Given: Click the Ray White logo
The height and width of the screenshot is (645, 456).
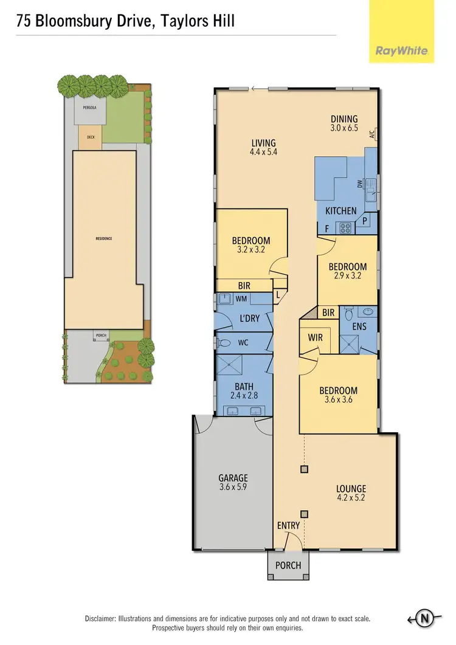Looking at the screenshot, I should point(401,51).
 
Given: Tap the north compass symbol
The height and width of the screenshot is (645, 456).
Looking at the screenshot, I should point(425,619).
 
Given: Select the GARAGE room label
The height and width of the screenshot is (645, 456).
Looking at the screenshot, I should point(233,478).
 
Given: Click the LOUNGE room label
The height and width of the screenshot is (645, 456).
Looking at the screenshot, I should point(351,488).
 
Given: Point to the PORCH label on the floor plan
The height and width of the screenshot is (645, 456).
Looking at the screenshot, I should point(288,565).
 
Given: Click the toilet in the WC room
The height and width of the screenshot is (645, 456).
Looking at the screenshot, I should point(224,343).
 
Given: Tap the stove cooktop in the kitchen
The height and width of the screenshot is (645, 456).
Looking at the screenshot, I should point(346,229).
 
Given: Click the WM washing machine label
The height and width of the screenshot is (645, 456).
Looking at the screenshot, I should point(242,298).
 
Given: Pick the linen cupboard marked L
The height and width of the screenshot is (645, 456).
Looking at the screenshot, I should point(278,295).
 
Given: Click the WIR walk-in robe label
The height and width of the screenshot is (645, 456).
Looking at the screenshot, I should point(315,337).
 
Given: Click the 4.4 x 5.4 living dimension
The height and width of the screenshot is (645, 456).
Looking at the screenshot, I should point(264,153).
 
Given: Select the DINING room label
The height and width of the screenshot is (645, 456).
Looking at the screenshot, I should point(344,119).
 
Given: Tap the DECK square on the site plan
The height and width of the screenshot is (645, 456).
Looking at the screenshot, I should point(91,137).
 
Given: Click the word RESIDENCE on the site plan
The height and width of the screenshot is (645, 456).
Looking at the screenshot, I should point(103,238).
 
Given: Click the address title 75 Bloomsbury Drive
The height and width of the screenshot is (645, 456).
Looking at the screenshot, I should point(125,21).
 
